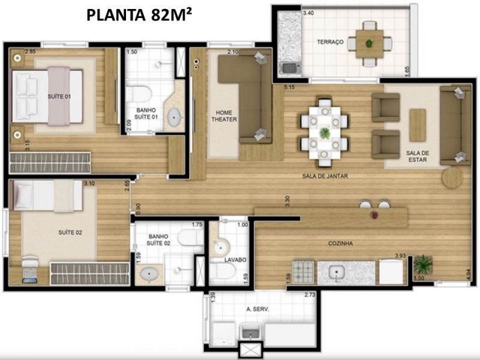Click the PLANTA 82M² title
point(139,15)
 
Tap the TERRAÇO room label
point(330,42)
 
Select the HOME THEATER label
point(224,116)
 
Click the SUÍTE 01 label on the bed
point(59,97)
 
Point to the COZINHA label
point(340,244)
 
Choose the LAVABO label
point(235,260)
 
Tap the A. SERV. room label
point(258,309)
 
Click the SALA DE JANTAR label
point(325,176)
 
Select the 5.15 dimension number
point(289,88)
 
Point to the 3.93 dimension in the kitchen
point(400,256)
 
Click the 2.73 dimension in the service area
point(310,295)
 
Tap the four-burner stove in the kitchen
point(304,272)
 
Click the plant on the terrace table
point(370,43)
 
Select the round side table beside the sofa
point(452,178)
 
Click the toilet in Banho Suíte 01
point(139,94)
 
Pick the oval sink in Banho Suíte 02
point(149,273)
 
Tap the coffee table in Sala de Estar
point(418,125)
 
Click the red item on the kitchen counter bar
point(374,215)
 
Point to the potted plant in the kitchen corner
point(423,265)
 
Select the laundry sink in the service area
point(251,332)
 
